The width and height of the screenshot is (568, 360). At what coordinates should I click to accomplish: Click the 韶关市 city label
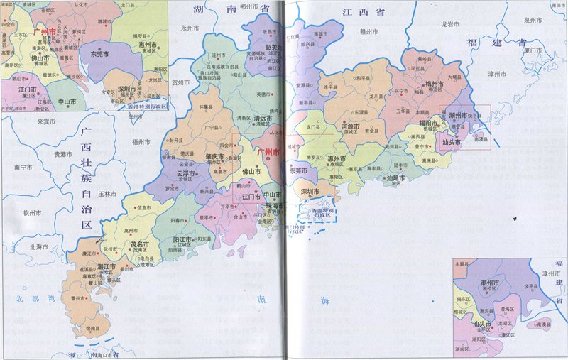tap(273, 48)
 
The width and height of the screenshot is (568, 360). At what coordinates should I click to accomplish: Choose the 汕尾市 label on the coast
tap(395, 177)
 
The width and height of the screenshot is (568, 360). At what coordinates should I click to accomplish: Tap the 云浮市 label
tap(185, 173)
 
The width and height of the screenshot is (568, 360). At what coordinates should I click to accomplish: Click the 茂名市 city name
tap(138, 244)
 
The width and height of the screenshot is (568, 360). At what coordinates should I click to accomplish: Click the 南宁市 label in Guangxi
tap(23, 168)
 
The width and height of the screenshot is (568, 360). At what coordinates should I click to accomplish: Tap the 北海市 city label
tap(38, 246)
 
